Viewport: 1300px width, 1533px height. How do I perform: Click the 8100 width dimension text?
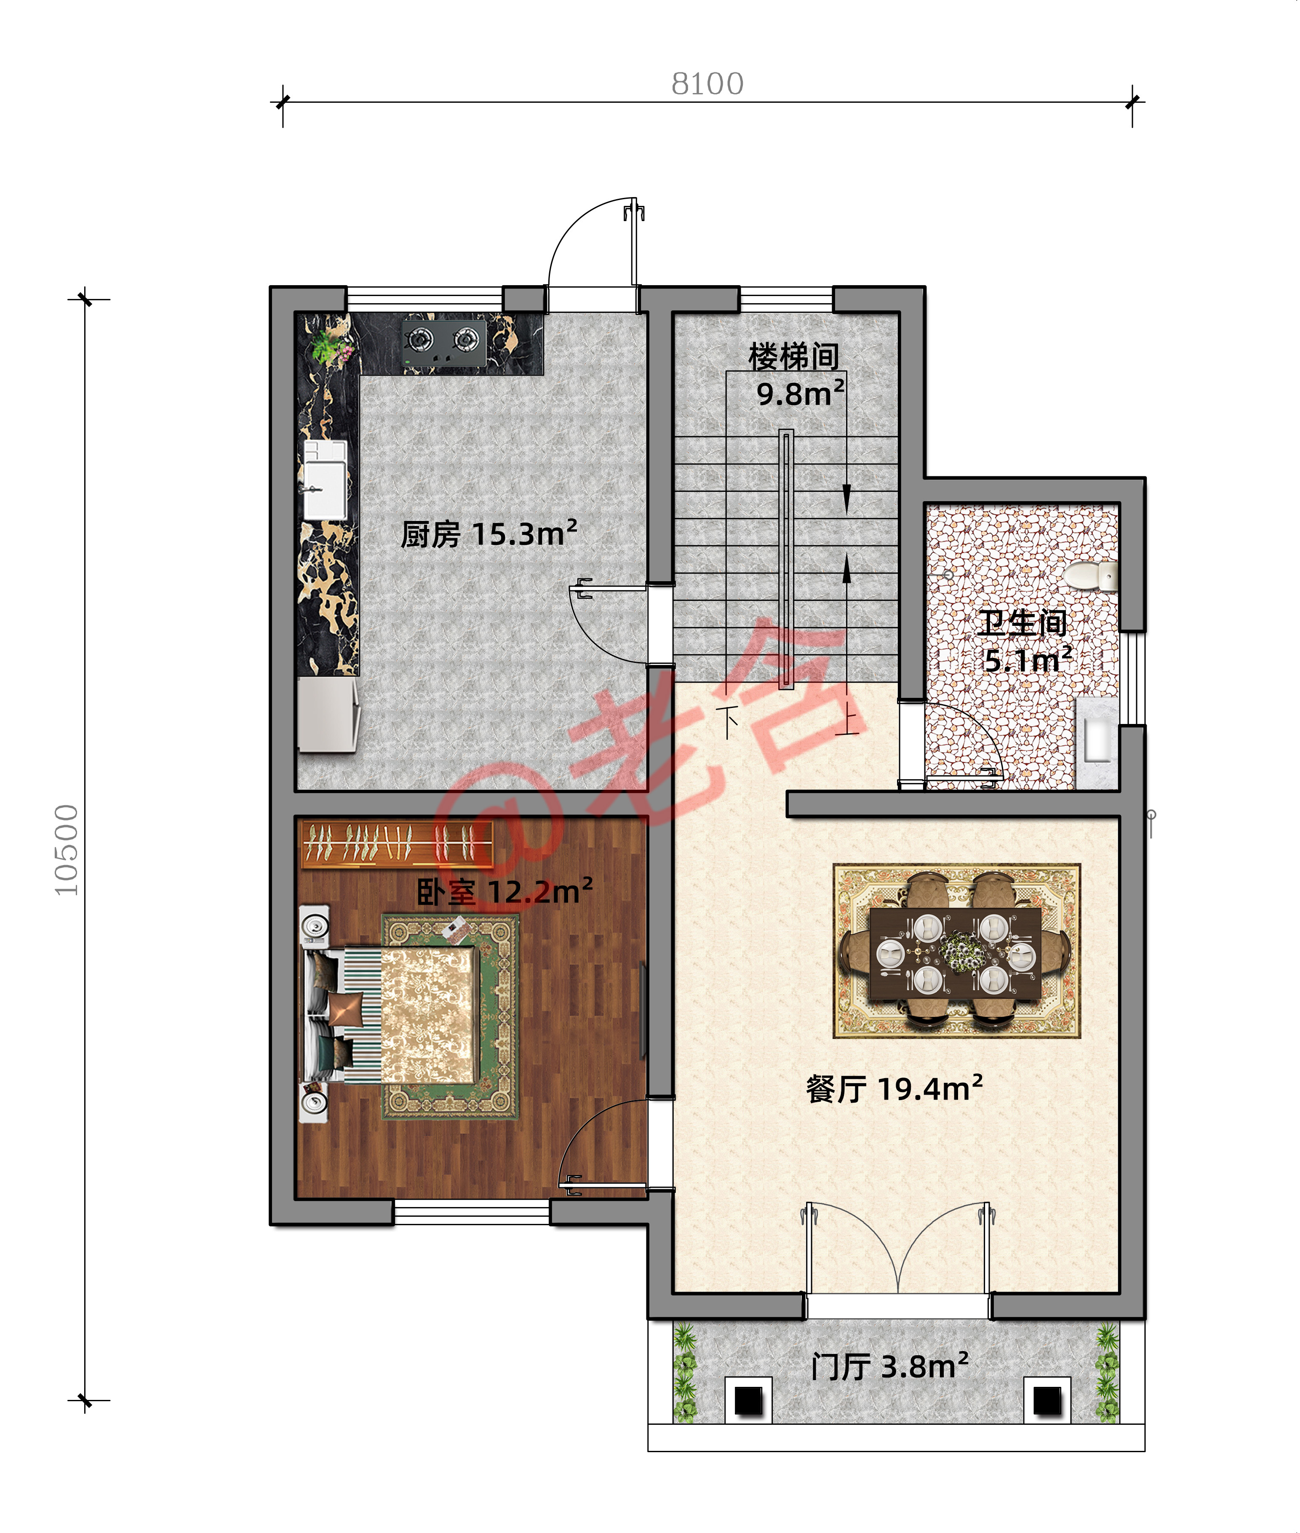tap(707, 84)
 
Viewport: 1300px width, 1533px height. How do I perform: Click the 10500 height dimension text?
tap(67, 850)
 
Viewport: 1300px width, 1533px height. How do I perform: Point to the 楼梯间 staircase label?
tap(794, 357)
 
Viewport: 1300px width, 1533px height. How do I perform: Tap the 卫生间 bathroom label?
tap(1022, 623)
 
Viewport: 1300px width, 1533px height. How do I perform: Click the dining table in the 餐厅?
tap(956, 951)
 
